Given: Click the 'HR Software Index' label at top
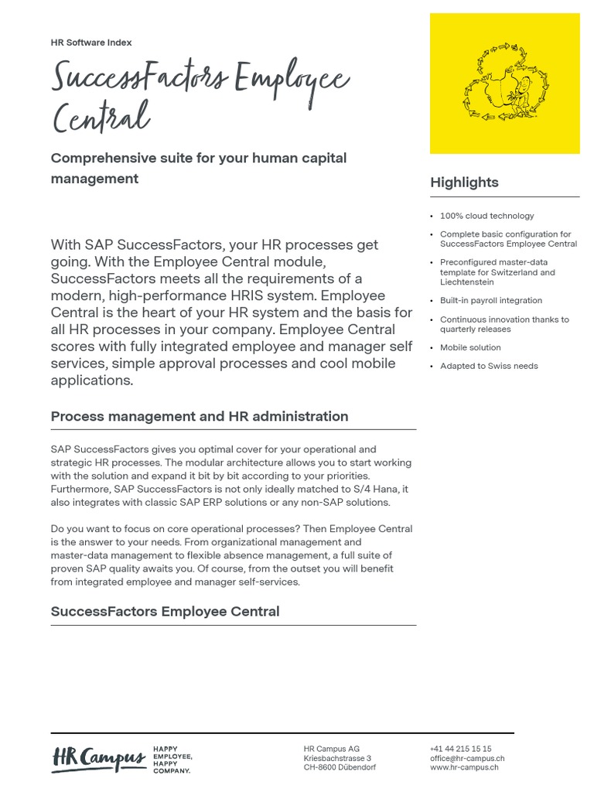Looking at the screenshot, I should (91, 43).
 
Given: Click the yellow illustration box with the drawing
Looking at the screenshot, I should (504, 84).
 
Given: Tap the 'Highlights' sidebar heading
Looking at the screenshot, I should (464, 183).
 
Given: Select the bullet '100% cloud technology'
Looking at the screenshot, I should (486, 216).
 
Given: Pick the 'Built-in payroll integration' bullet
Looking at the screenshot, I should (490, 300).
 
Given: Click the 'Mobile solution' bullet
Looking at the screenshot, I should (470, 347).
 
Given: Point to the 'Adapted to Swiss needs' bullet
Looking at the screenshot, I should (489, 366).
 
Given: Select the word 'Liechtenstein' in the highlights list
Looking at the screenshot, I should (466, 282).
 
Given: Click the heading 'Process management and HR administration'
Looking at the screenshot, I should (200, 416).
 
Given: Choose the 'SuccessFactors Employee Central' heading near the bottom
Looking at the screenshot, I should (165, 611).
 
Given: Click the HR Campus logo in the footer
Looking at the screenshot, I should (98, 759).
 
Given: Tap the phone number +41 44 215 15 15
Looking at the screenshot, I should (460, 749).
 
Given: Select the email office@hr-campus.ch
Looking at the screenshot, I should (467, 758).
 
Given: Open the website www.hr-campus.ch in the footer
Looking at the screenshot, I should (464, 767).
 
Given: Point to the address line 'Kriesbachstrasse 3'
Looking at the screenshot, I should (337, 758).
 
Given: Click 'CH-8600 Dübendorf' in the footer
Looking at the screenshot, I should (340, 767).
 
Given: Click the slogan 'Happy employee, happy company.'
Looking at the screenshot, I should (172, 760).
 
